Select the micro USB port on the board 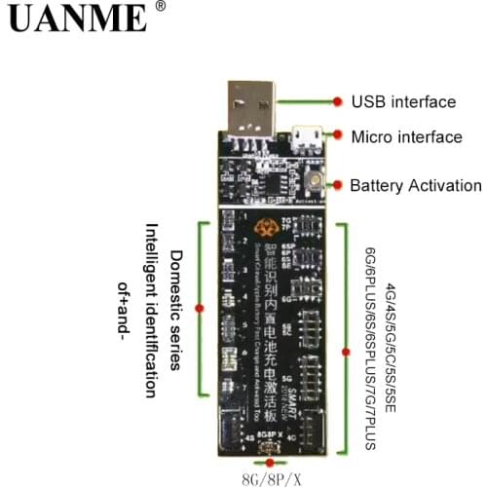306,137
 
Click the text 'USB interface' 403,101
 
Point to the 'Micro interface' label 406,137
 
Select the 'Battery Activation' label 416,185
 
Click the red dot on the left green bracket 199,307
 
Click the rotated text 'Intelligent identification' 152,309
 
